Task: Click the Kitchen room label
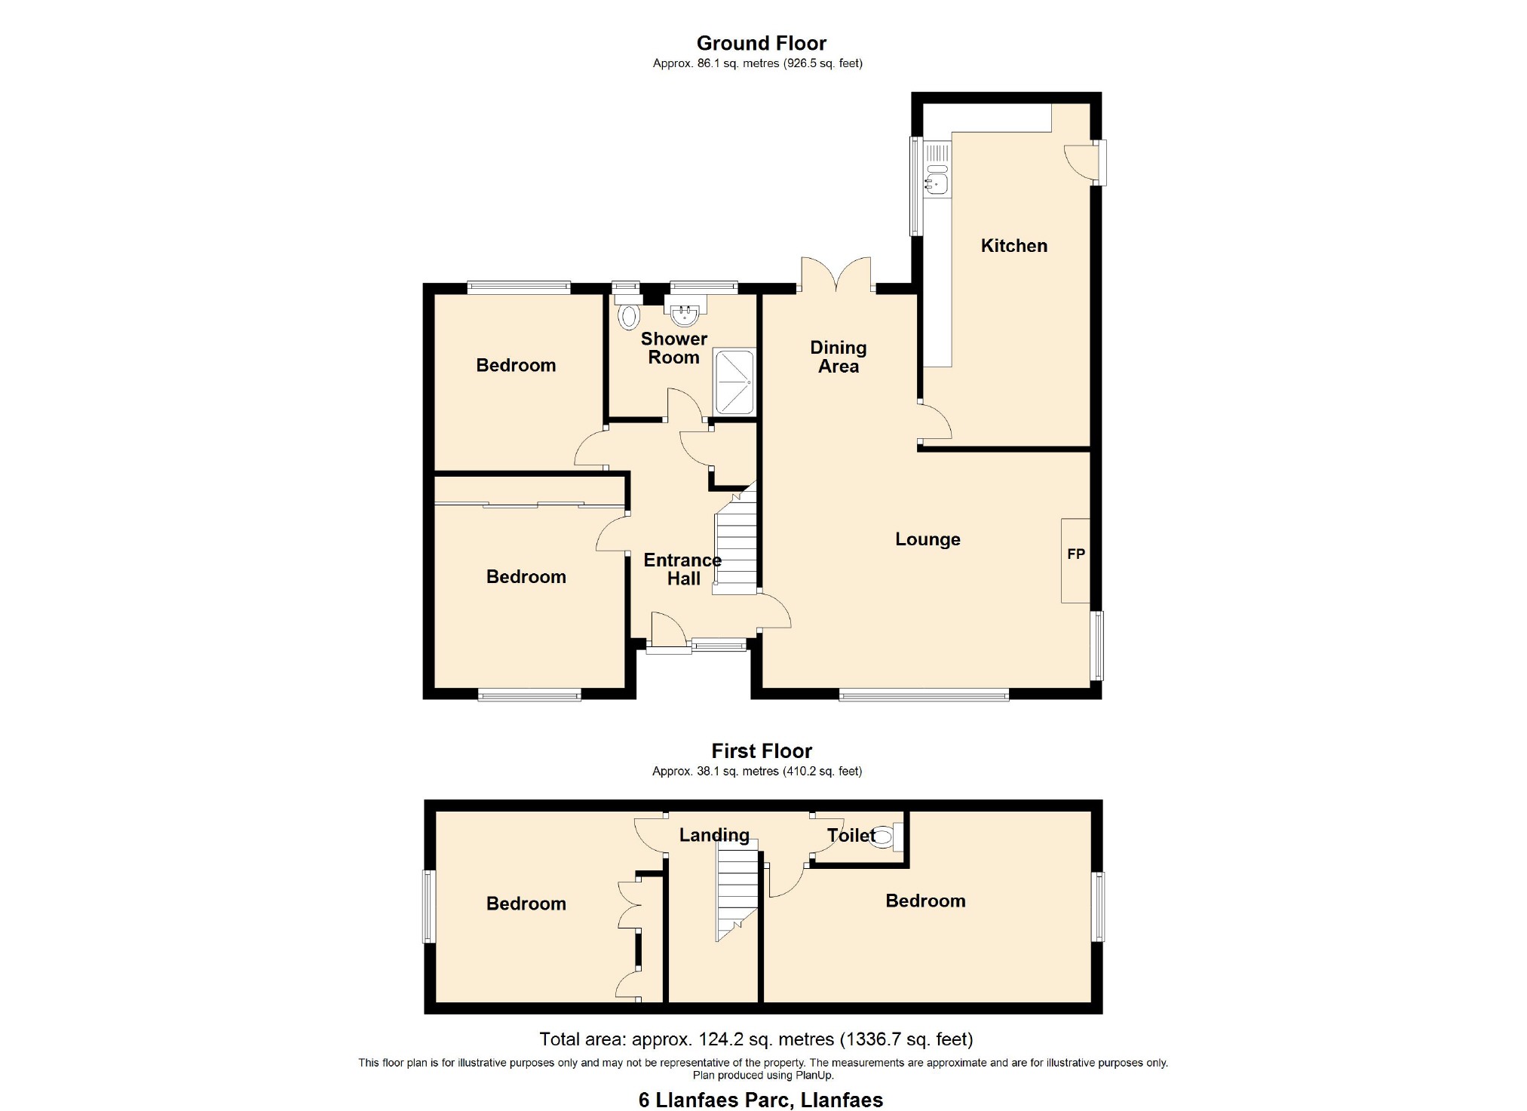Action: pyautogui.click(x=1013, y=245)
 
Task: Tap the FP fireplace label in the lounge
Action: pyautogui.click(x=1076, y=554)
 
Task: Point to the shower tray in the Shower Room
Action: pyautogui.click(x=734, y=382)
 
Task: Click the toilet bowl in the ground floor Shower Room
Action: pyautogui.click(x=627, y=317)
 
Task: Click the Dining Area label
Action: pyautogui.click(x=839, y=357)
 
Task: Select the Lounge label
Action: pyautogui.click(x=928, y=539)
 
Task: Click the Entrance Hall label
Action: pyautogui.click(x=682, y=569)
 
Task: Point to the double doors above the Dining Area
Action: pyautogui.click(x=837, y=275)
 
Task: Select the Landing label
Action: pyautogui.click(x=714, y=835)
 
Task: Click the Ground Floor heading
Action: pyautogui.click(x=762, y=43)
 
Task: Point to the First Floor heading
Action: pyautogui.click(x=762, y=751)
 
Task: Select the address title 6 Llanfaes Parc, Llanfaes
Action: pyautogui.click(x=761, y=1100)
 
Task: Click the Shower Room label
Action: pyautogui.click(x=674, y=348)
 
